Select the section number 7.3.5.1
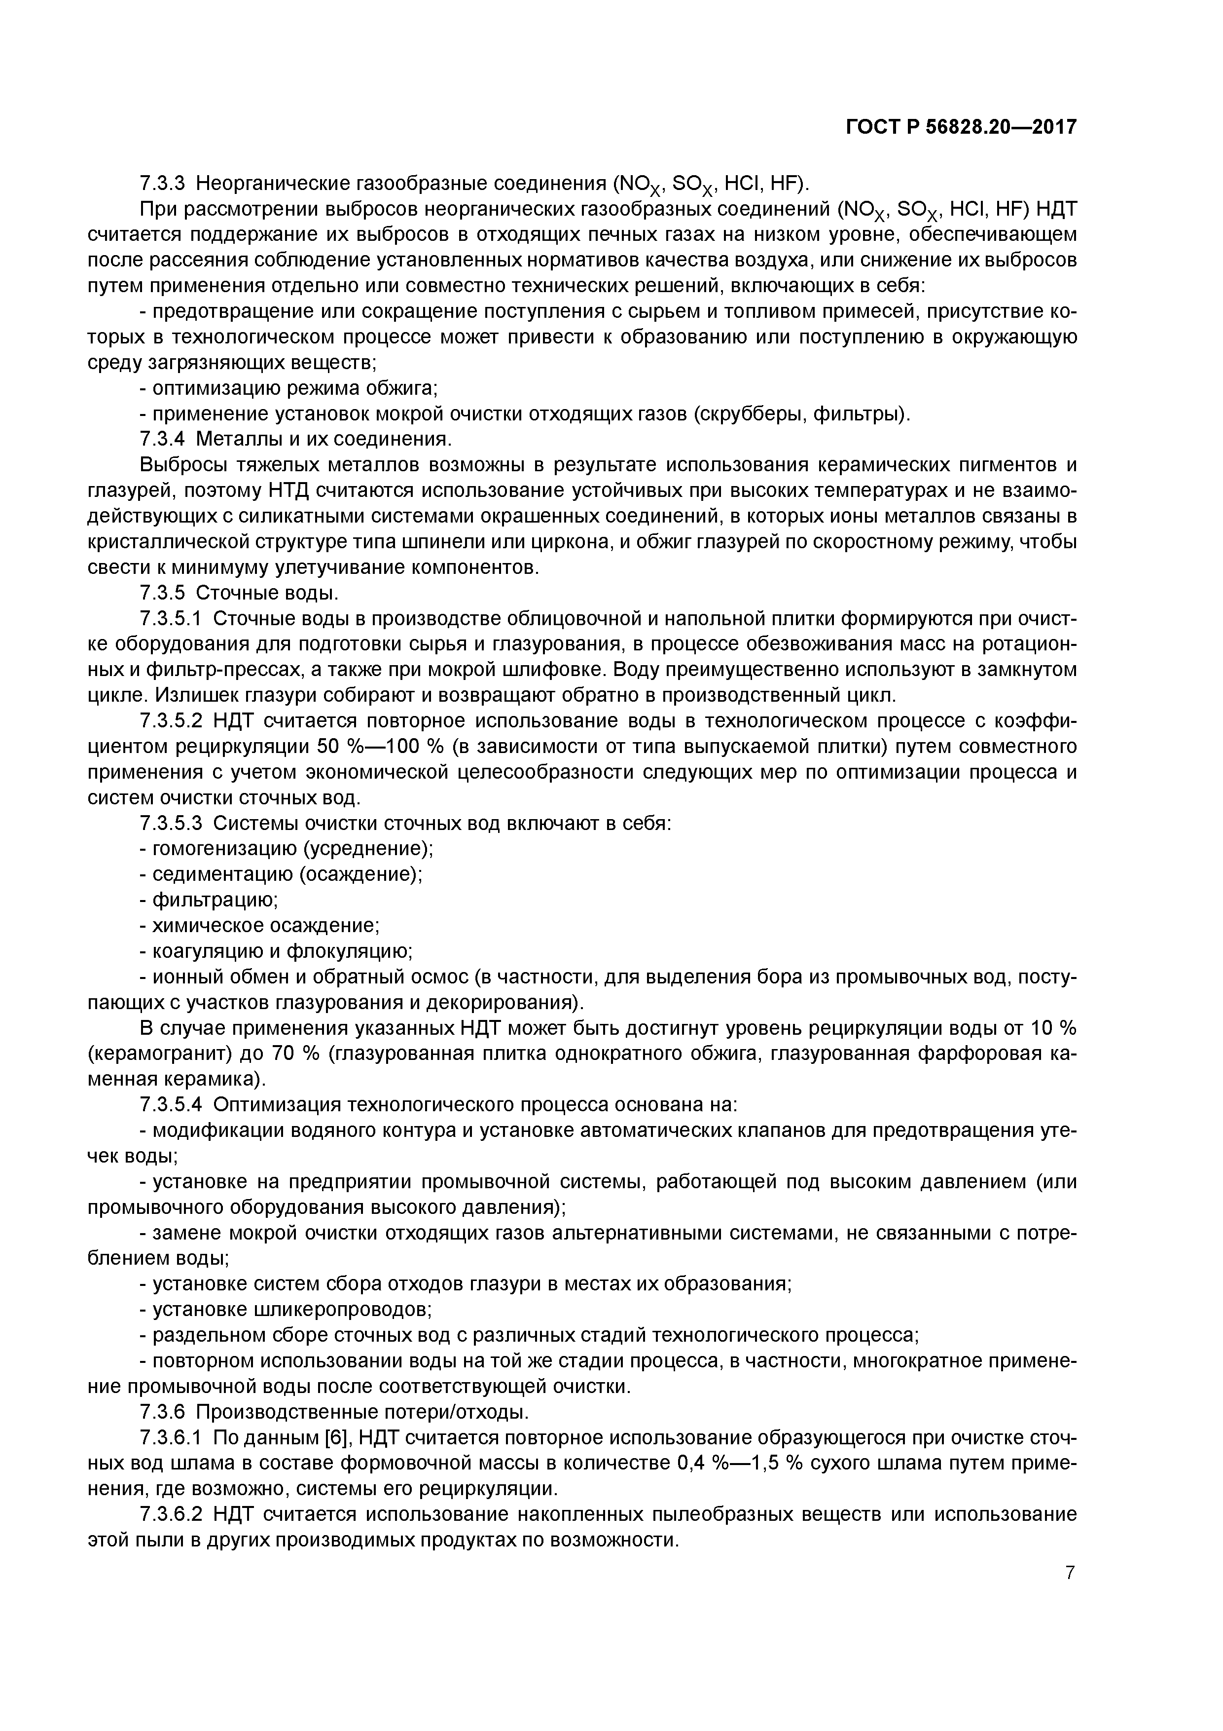point(171,618)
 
